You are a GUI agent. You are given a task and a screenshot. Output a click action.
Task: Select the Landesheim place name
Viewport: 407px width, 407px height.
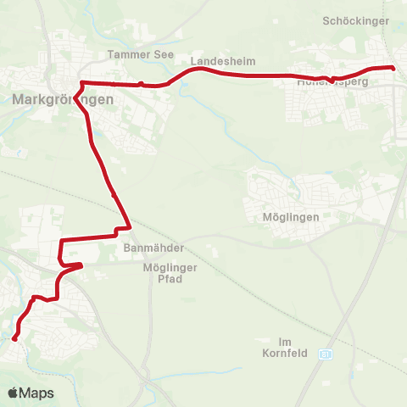[x=223, y=62]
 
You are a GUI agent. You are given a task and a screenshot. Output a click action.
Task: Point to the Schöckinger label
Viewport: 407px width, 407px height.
[x=356, y=20]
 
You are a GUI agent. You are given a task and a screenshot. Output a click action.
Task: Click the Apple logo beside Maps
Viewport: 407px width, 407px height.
[x=14, y=393]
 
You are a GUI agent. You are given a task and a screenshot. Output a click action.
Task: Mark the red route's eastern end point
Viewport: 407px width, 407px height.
[x=393, y=67]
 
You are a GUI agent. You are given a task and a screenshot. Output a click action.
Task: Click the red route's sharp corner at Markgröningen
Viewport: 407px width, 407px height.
[x=81, y=83]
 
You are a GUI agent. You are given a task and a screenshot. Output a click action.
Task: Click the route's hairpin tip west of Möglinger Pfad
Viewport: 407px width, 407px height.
[x=81, y=265]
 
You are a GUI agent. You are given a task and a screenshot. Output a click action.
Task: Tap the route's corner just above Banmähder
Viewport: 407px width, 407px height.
[x=128, y=226]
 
